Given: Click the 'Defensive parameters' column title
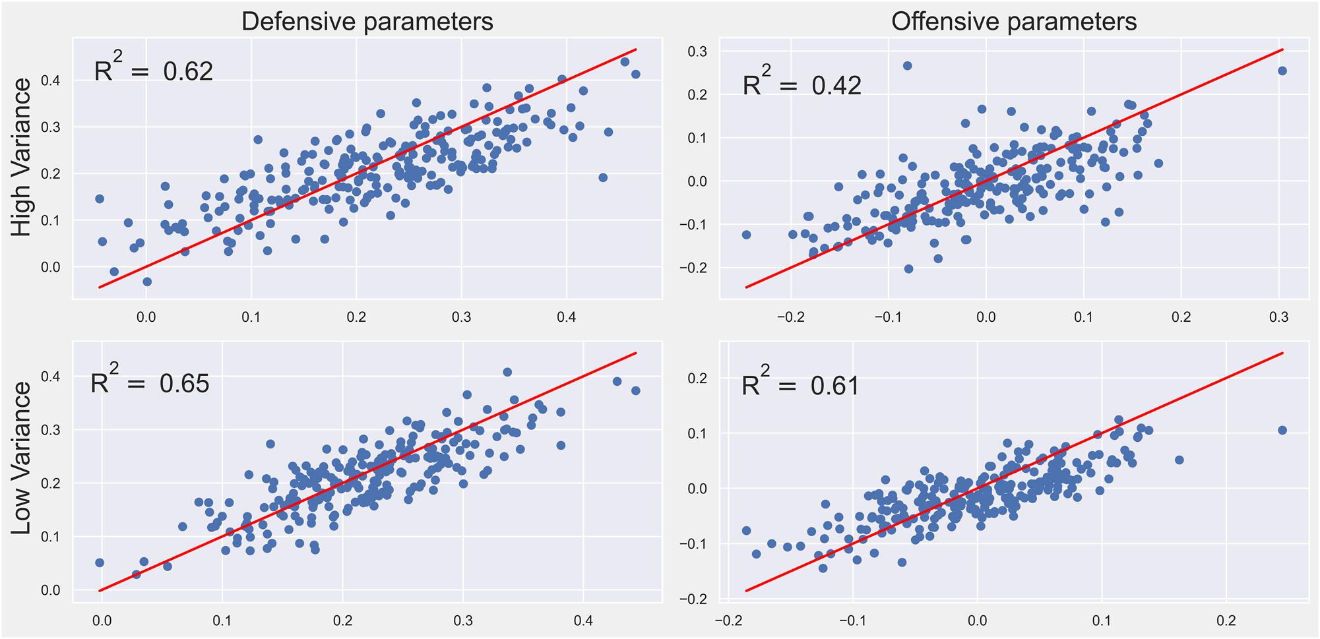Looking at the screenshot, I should point(367,22).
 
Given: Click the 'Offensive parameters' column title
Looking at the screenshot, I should point(1014,22).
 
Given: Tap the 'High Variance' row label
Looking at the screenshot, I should point(22,158).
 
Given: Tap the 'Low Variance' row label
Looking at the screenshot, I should point(22,458).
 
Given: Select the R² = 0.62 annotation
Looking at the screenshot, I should point(154,70).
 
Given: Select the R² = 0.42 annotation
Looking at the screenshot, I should point(802,84).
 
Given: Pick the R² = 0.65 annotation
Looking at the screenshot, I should point(150,382).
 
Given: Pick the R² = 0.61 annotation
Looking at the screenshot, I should point(801,384).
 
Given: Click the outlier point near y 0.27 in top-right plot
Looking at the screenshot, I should point(907,65).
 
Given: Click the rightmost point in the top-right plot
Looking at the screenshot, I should point(1282,71).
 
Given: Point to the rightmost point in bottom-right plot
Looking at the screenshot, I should point(1282,430).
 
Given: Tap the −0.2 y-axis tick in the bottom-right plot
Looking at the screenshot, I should point(695,599).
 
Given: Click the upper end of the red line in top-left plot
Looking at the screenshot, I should point(636,49).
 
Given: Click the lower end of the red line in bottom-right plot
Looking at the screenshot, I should point(746,591).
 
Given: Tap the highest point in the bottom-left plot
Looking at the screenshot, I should point(507,372).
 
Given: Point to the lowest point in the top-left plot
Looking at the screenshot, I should point(147,282).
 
